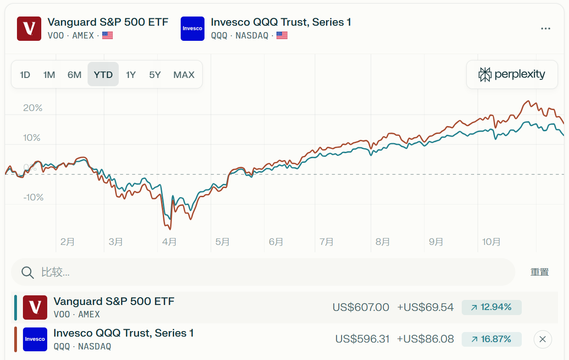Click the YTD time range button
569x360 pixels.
click(x=103, y=75)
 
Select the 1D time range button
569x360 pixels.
click(x=25, y=75)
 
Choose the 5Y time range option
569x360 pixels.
click(x=155, y=75)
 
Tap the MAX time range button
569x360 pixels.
click(x=184, y=75)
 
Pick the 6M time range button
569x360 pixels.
click(x=74, y=75)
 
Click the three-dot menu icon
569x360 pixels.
click(x=545, y=28)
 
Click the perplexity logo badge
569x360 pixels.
click(x=512, y=74)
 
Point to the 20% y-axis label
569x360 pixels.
click(x=33, y=108)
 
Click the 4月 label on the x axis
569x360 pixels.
click(x=169, y=242)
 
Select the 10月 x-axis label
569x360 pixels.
click(x=491, y=242)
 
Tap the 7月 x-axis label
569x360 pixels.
click(x=326, y=242)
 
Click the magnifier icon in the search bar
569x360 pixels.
click(x=28, y=272)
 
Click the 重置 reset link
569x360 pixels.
click(x=540, y=272)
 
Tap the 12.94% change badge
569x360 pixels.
click(x=492, y=307)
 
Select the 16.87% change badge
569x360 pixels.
click(x=492, y=339)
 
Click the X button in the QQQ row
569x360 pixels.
click(x=542, y=339)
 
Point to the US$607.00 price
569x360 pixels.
click(x=361, y=307)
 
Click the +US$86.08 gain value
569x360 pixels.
click(x=425, y=339)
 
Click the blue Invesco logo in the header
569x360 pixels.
click(x=193, y=28)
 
